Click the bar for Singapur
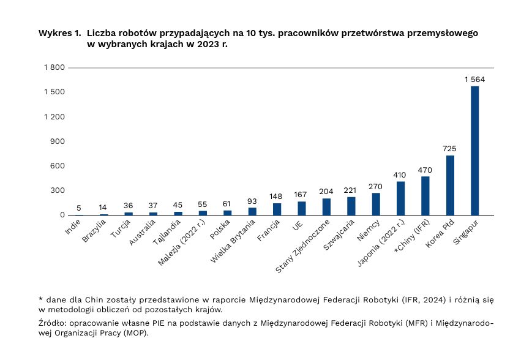pos(474,151)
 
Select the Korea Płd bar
pos(450,186)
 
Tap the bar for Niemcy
pos(376,204)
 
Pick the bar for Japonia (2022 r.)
pos(401,198)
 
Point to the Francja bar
pos(277,209)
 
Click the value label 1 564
pos(474,80)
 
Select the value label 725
pos(449,149)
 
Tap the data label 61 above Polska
pos(227,204)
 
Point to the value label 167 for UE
pos(300,195)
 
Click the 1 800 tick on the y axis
pos(54,67)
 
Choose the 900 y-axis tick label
pos(58,141)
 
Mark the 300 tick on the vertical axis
pos(58,190)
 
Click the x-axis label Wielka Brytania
pos(233,241)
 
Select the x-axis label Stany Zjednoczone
pos(302,246)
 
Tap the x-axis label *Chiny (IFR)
pos(412,236)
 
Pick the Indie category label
pos(73,227)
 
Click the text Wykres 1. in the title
pos(60,33)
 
